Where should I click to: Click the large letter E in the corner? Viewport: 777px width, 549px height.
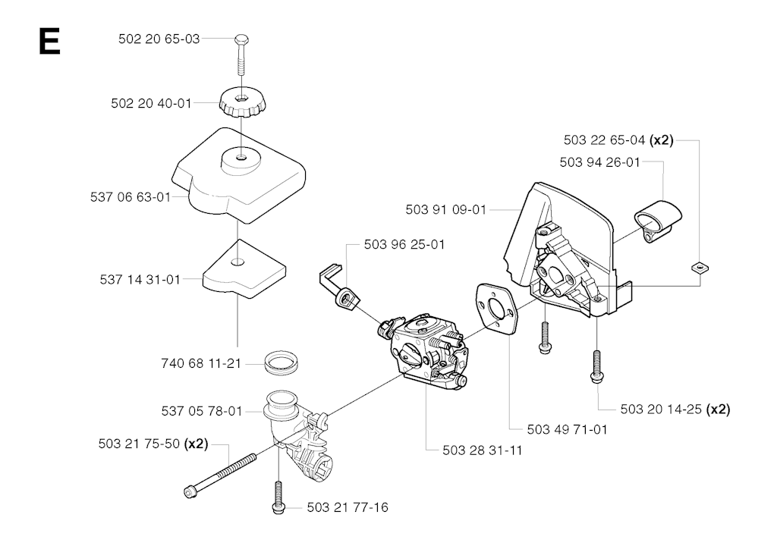pos(49,41)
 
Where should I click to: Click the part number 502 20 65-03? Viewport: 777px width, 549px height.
pos(159,39)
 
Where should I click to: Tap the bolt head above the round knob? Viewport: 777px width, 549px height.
pos(241,39)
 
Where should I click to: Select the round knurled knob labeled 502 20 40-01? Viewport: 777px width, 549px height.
pos(242,102)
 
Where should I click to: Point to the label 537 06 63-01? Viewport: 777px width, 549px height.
pos(131,197)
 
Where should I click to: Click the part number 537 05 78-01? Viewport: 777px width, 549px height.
pos(202,411)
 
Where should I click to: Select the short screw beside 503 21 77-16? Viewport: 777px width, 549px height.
pos(278,496)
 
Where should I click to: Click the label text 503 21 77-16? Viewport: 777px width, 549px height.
pos(348,507)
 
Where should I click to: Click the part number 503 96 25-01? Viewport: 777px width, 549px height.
pos(404,245)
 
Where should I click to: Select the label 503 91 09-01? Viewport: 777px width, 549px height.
pos(446,210)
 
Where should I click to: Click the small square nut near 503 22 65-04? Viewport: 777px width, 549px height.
pos(699,268)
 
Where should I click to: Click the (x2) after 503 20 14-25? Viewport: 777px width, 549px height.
pos(718,409)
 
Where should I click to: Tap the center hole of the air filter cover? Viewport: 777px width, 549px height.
pos(241,158)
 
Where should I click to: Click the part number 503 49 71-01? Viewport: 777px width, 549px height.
pos(568,429)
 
